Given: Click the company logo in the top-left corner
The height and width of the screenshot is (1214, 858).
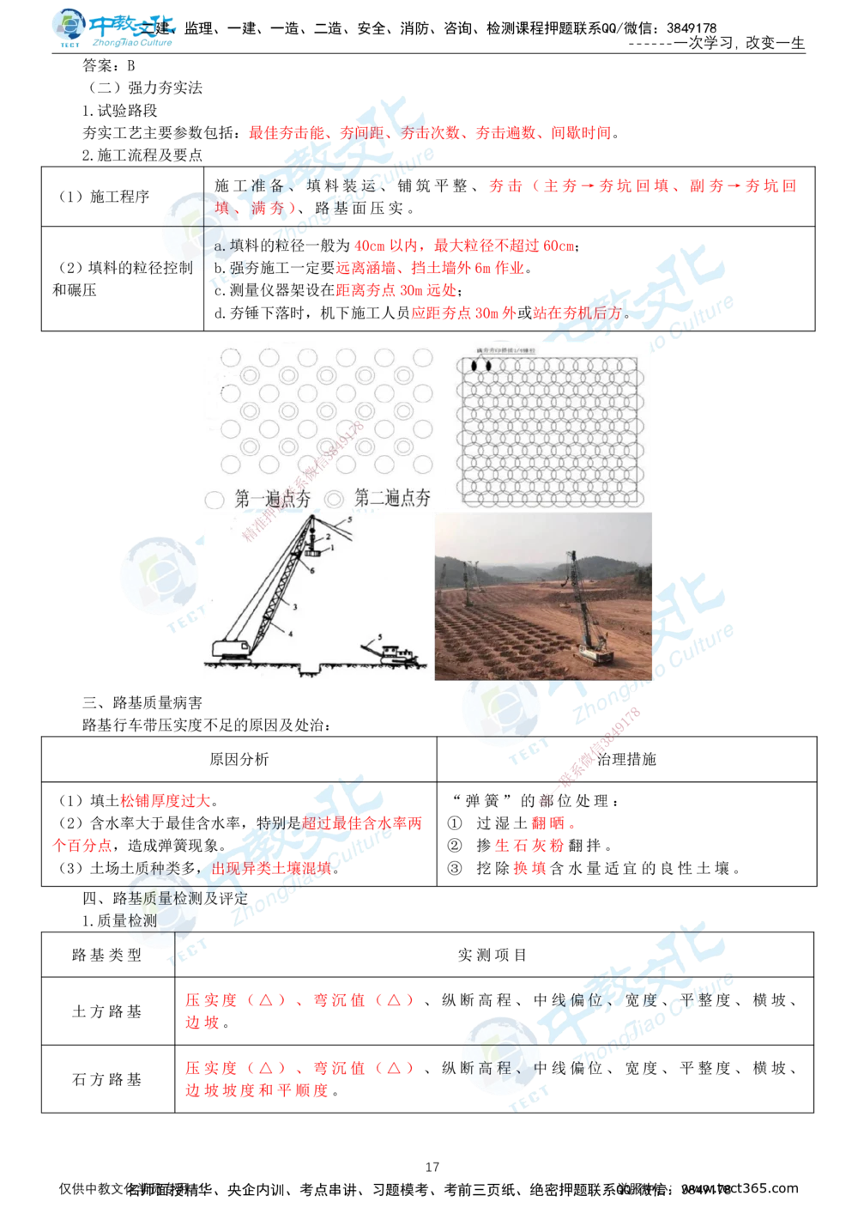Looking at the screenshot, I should [x=112, y=27].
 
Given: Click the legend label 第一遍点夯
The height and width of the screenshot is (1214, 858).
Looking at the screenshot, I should [x=273, y=499].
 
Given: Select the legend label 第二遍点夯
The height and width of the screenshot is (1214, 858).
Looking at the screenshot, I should [x=393, y=498].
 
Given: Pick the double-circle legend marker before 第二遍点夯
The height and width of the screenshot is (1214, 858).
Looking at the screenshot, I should [x=335, y=499].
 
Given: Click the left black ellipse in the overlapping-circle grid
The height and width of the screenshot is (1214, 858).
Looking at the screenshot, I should [x=473, y=366].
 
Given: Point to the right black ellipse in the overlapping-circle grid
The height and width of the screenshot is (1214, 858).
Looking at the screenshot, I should [x=488, y=366].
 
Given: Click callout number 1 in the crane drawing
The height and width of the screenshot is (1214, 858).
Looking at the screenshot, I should [x=331, y=547].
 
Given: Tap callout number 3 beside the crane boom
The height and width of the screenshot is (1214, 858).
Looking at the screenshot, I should [x=294, y=606].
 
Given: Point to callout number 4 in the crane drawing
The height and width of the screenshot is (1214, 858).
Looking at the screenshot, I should [x=290, y=633].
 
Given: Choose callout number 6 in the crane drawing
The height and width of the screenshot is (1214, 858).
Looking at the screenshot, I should [x=312, y=569].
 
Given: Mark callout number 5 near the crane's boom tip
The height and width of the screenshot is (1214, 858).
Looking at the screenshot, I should [x=349, y=520].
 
